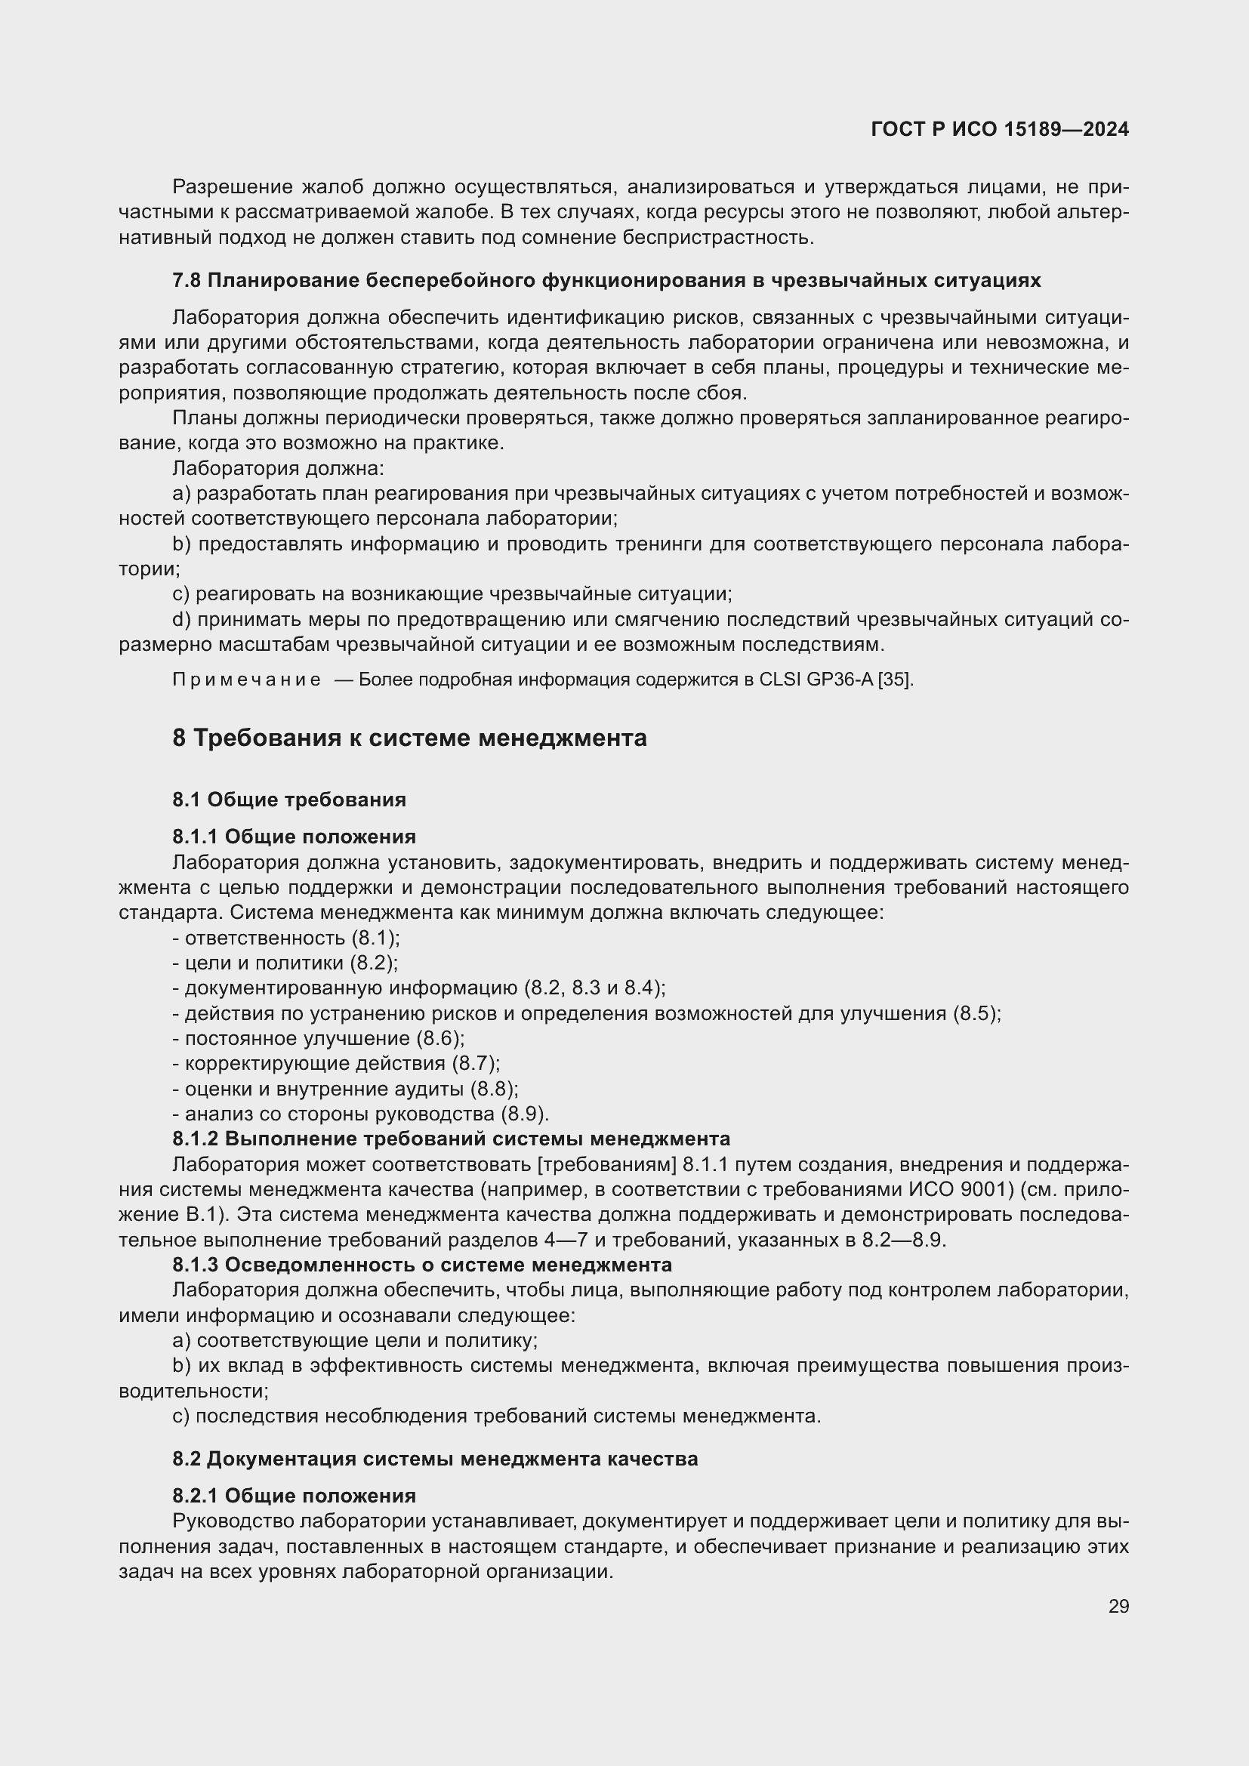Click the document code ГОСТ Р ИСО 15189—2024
999,129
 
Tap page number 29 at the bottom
1118,1606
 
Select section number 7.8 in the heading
186,281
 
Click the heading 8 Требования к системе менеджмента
409,738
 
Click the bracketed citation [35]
896,680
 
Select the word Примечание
246,680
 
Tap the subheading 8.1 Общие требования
289,800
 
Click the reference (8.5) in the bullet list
976,1014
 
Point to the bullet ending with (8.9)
361,1114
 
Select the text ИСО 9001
958,1190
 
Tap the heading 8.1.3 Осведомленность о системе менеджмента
421,1265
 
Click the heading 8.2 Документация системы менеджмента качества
435,1459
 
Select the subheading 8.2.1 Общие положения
294,1496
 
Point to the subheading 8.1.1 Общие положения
294,837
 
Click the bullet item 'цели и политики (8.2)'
285,963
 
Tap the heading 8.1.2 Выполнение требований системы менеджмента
451,1139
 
